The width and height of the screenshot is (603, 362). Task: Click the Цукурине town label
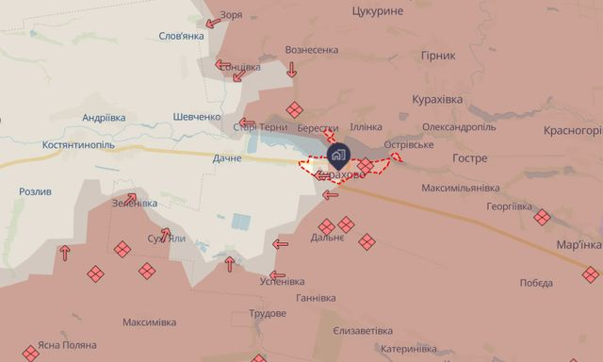(377, 10)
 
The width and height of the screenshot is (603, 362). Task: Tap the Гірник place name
(439, 56)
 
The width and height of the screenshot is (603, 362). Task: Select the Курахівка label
(436, 99)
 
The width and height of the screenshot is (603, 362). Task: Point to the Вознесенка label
(311, 50)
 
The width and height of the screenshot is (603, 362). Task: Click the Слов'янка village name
(181, 36)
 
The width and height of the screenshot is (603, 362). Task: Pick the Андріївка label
(104, 118)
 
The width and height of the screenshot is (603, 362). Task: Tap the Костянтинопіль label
(79, 146)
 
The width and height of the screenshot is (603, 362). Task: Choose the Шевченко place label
(197, 116)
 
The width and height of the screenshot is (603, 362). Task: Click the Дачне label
(227, 157)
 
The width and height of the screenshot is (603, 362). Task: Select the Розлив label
(36, 191)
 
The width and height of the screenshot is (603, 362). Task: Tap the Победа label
(536, 283)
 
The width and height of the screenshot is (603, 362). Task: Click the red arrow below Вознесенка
(291, 70)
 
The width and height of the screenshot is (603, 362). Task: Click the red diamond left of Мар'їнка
(542, 218)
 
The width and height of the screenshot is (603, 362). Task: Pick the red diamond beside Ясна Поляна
(30, 353)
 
